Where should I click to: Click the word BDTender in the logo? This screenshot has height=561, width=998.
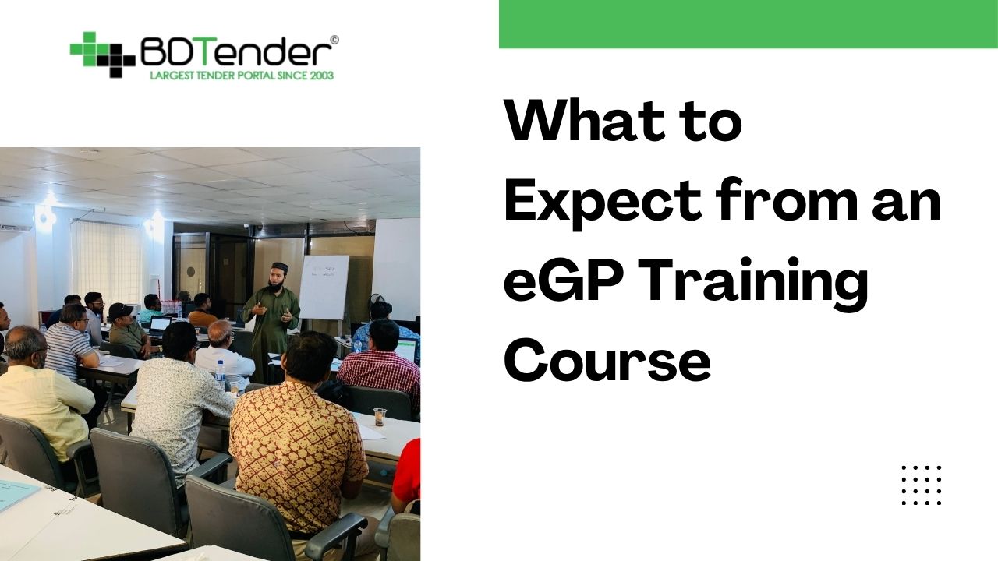235,52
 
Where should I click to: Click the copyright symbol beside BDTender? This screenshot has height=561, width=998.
334,40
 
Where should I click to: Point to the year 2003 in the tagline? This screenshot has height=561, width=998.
320,75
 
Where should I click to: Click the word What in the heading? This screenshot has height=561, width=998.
561,122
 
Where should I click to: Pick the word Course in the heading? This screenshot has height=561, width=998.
607,362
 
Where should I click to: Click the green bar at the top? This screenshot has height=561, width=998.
748,23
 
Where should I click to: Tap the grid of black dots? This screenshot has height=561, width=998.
922,485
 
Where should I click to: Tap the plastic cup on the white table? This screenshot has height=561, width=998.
380,417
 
